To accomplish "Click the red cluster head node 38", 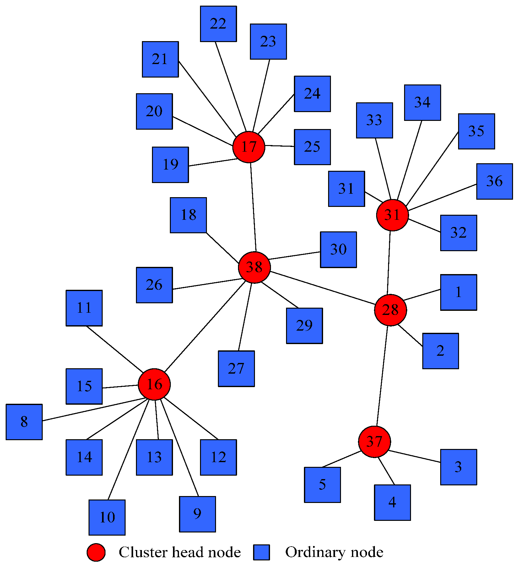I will click(254, 267).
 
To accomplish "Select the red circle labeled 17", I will click(249, 147).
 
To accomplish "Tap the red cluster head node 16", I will click(154, 384).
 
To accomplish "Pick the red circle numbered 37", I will click(374, 442).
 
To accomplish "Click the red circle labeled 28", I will click(390, 310).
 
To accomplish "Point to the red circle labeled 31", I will click(392, 215).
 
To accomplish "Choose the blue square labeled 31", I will click(346, 189).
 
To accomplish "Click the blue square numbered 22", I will click(218, 24).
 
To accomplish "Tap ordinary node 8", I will click(24, 422).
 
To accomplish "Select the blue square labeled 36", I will click(494, 181).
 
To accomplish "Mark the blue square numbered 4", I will click(392, 502).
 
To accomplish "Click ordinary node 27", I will click(236, 369).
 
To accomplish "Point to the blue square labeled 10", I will click(107, 517).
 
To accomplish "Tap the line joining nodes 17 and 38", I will click(253, 207).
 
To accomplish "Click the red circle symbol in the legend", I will click(96, 552).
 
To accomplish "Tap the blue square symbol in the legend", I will click(262, 552).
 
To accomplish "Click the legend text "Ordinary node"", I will click(334, 552).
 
